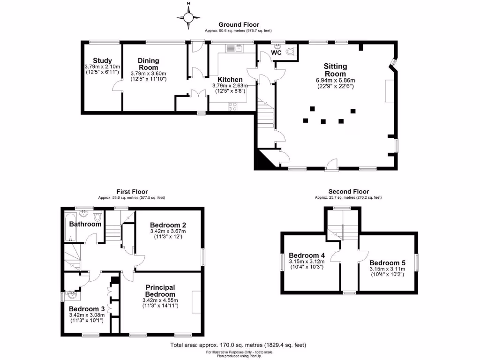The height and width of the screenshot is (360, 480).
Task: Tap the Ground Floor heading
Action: coord(239,25)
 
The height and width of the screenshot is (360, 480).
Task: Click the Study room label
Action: coord(102,60)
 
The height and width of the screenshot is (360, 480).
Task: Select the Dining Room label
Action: coord(148,64)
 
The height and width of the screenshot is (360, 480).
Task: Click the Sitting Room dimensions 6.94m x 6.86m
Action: coord(336,80)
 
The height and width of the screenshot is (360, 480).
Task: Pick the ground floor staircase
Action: coord(265,116)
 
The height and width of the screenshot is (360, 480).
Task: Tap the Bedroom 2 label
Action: coord(167,225)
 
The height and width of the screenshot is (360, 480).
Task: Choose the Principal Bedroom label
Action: coord(160,290)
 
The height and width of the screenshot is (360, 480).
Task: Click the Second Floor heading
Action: coord(348,192)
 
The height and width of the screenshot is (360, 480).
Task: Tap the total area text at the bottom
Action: coord(238,345)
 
